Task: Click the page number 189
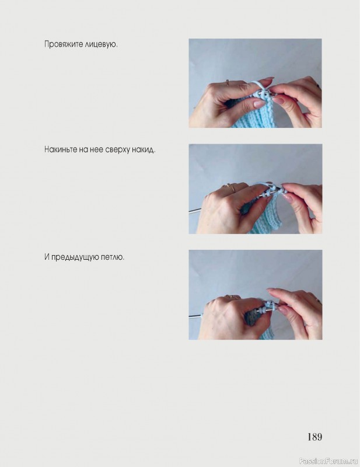[x=314, y=437]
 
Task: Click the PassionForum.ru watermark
[x=328, y=461]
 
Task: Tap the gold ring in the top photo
[x=228, y=82]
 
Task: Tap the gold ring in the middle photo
[x=230, y=187]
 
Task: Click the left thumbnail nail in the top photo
[x=260, y=104]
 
